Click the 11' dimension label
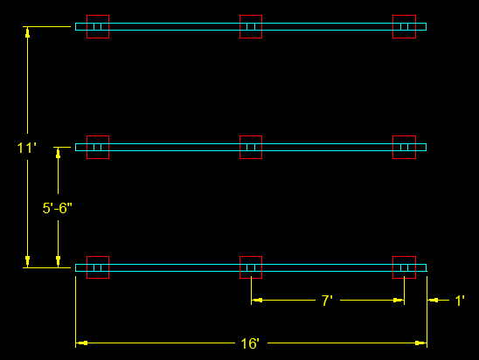(26, 148)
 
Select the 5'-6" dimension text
(58, 208)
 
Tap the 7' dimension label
(327, 301)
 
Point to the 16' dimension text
(250, 343)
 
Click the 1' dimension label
(460, 301)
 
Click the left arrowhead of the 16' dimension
(81, 343)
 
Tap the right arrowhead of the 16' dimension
(421, 343)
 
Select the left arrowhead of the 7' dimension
(257, 301)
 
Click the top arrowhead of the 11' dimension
(27, 32)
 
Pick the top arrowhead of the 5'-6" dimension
(58, 153)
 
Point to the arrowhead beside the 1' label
(433, 301)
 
